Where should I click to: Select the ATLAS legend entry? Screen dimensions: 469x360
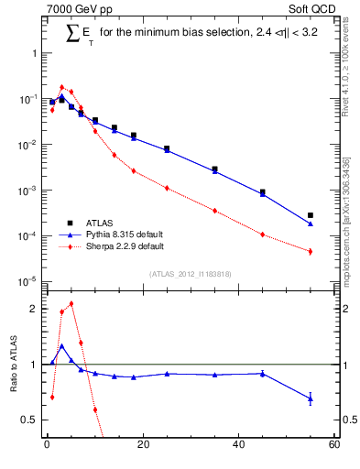[x=103, y=223]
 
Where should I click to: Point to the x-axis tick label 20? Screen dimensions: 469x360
[x=142, y=446]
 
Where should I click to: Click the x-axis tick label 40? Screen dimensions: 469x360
[x=238, y=446]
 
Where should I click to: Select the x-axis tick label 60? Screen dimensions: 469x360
[x=333, y=446]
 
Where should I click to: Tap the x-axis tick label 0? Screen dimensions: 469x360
[x=47, y=446]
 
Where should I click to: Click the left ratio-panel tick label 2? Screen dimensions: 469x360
[x=32, y=310]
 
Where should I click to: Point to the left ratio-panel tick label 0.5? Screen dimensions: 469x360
[x=29, y=420]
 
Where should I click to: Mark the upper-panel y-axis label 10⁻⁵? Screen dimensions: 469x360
[x=27, y=281]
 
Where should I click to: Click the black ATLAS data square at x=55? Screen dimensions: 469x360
[x=311, y=215]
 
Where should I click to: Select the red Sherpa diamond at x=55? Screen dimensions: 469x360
[x=311, y=251]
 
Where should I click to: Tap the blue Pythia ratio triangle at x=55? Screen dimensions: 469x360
[x=311, y=398]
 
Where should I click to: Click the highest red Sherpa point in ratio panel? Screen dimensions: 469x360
[x=71, y=303]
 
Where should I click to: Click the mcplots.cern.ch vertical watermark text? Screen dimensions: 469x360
[x=346, y=238]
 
